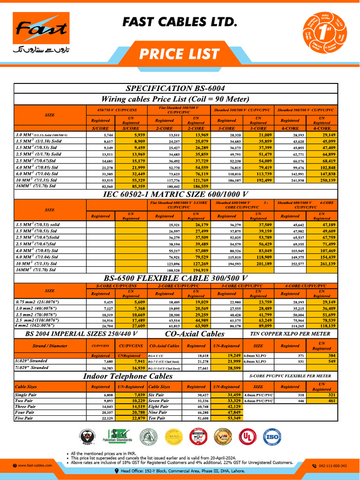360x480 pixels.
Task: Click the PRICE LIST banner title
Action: tap(179, 54)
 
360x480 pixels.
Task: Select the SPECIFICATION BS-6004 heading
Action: tap(175, 88)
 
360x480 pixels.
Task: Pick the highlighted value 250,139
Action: tap(322, 180)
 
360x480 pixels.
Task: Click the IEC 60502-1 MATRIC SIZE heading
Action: tap(175, 195)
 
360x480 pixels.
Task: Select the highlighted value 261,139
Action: tap(322, 264)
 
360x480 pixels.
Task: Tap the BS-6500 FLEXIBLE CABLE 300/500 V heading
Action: tap(175, 277)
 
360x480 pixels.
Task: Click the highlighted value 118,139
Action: tap(322, 325)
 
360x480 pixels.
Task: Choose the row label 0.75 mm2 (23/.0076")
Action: tap(37, 302)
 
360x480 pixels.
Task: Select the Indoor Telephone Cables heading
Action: tap(127, 376)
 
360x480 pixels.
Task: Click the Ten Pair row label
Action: tap(157, 418)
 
